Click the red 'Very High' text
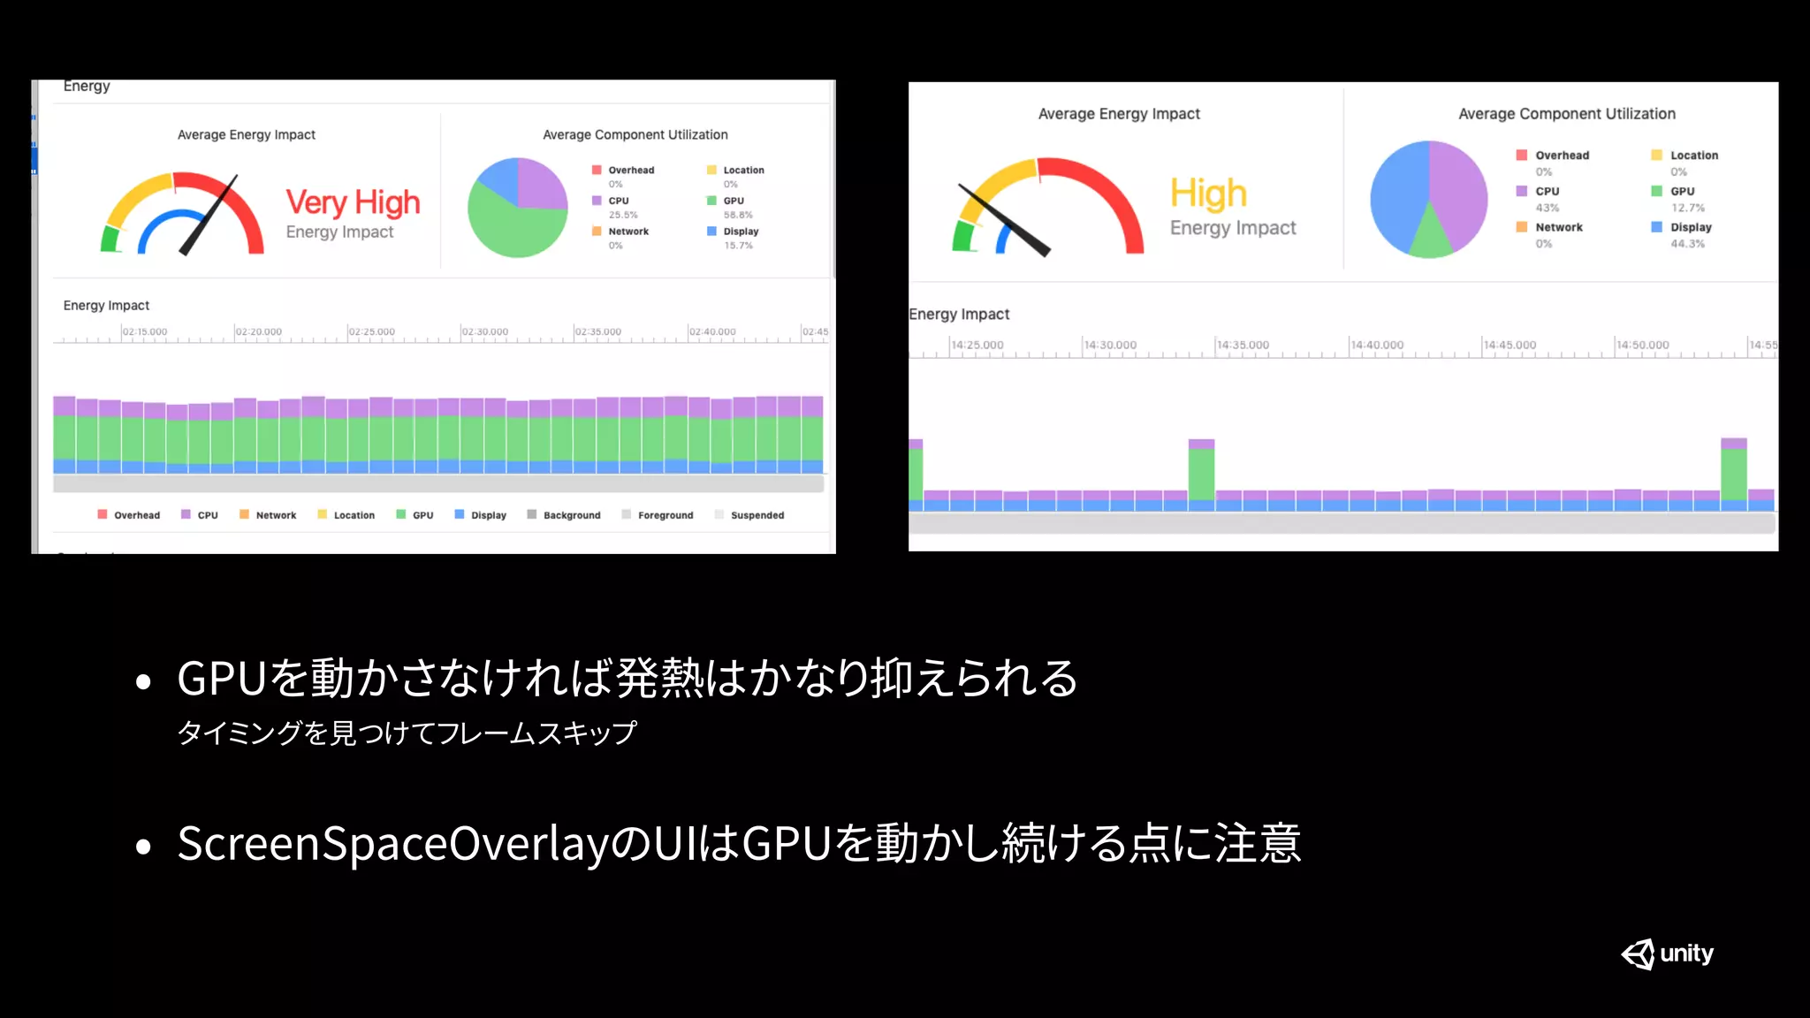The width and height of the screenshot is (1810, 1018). tap(353, 202)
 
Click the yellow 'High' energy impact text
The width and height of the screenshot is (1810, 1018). tap(1208, 194)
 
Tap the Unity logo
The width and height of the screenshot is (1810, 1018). tap(1667, 953)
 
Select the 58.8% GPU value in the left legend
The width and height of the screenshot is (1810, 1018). tap(738, 215)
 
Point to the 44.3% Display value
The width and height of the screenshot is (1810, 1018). tap(1687, 244)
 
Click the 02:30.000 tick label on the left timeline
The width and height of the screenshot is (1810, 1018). tap(485, 332)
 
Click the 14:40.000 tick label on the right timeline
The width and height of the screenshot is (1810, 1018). tap(1378, 346)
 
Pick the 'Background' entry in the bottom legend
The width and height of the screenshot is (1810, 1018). tap(571, 515)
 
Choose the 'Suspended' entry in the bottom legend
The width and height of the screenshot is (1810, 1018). tap(757, 515)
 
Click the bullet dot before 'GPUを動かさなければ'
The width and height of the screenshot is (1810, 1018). tap(143, 681)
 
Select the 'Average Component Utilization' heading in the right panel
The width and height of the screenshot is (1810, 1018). tap(1566, 114)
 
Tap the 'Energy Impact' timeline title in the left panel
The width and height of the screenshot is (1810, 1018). tap(106, 306)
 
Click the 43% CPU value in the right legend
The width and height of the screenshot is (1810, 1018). tap(1547, 208)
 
